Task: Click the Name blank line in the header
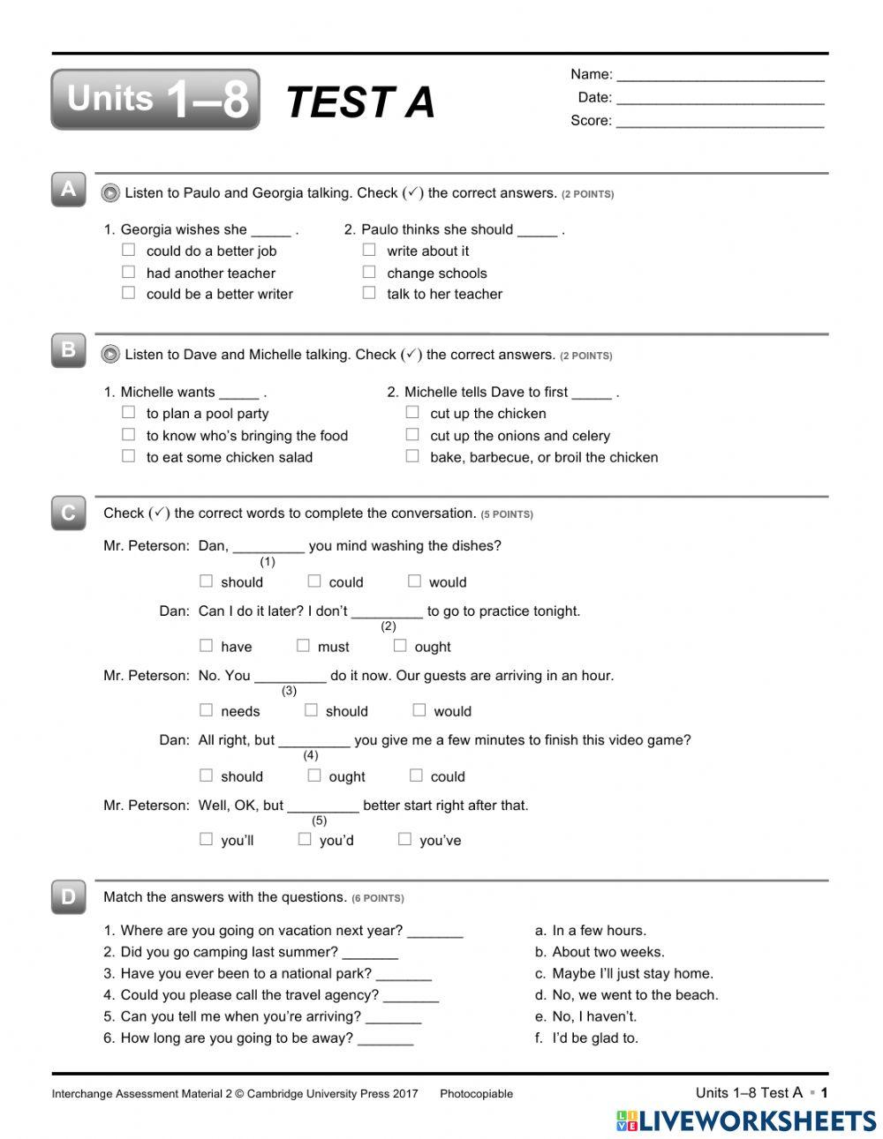click(720, 77)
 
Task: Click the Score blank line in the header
click(720, 123)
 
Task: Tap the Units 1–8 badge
click(155, 100)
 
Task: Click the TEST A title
click(360, 102)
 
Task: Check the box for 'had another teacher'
click(129, 273)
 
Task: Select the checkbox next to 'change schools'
click(369, 273)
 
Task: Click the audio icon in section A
click(110, 193)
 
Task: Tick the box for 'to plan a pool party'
click(129, 412)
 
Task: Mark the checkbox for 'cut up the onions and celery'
click(412, 434)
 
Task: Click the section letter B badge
click(69, 350)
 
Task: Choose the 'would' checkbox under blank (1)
click(414, 581)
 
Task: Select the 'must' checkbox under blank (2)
click(303, 646)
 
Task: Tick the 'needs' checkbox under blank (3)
click(206, 710)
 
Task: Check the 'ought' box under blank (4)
click(313, 776)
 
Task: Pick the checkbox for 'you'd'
click(305, 839)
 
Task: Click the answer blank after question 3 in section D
click(404, 975)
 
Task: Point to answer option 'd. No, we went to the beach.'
click(626, 995)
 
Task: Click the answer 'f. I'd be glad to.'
click(586, 1038)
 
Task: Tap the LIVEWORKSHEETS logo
click(746, 1120)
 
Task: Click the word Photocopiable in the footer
click(476, 1094)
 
